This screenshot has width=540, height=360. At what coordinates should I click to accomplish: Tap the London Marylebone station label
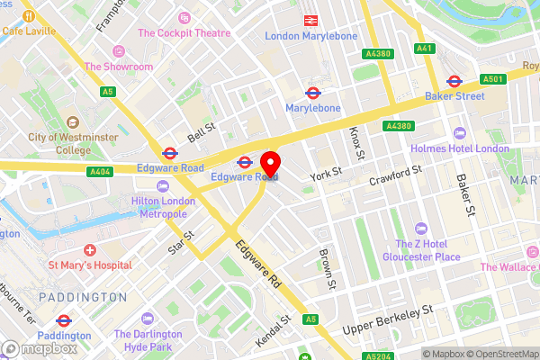point(310,36)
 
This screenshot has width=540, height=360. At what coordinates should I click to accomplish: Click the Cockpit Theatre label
point(184,33)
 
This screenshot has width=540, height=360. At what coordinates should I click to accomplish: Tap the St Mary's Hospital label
point(89,265)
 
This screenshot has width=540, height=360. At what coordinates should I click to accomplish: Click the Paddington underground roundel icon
point(63,319)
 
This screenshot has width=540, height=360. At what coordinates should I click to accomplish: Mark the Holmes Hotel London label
point(459,148)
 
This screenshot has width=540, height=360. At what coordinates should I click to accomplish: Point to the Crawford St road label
point(395,176)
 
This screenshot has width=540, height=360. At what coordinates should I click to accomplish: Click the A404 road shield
point(100,171)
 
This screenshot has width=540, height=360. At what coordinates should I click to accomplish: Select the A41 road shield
point(424,47)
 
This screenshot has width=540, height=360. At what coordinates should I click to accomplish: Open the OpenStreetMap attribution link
point(499,354)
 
